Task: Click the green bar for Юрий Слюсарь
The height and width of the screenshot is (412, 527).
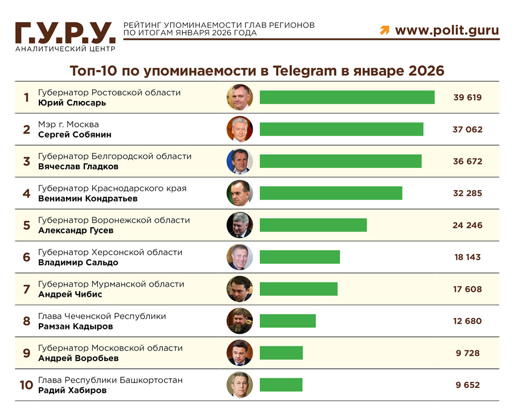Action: (x=347, y=97)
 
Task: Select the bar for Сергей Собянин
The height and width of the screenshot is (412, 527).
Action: (x=341, y=129)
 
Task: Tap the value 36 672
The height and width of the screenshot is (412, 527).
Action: (x=467, y=162)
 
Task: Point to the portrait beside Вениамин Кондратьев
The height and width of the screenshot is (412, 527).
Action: (x=240, y=193)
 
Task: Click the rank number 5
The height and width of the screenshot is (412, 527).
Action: (x=26, y=225)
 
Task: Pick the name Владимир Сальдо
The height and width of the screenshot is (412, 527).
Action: (x=78, y=263)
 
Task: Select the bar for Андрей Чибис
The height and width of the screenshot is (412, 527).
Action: (x=298, y=289)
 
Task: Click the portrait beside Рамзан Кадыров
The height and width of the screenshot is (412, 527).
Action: (x=240, y=321)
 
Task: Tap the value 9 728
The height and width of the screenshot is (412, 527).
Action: (x=467, y=353)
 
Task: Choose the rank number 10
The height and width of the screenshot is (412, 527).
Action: (x=26, y=385)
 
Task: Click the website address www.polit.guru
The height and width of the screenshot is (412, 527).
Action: (x=447, y=30)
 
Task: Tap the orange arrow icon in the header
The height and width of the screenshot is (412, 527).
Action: (x=385, y=31)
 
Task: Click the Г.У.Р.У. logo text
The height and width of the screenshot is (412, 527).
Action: (x=65, y=33)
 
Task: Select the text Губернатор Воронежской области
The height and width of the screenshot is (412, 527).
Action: (x=114, y=220)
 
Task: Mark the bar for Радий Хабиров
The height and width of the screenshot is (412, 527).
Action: (x=281, y=385)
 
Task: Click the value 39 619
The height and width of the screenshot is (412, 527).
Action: (x=467, y=97)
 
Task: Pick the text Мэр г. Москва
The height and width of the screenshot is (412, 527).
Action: (x=69, y=124)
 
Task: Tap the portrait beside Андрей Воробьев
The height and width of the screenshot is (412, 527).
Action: (x=240, y=353)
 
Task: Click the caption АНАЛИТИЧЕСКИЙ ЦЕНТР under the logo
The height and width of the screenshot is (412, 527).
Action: (x=65, y=49)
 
